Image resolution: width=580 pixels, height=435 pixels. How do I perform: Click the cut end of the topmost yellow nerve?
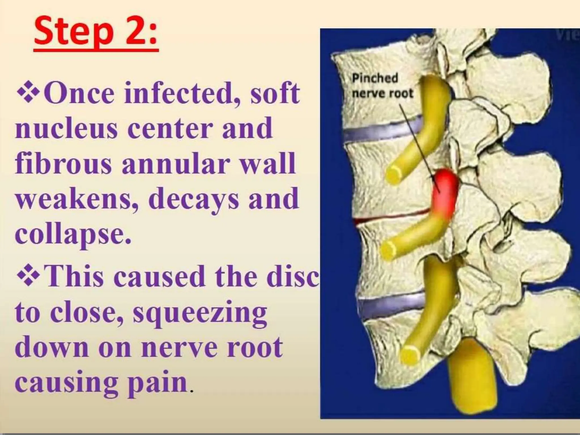coord(395,175)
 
